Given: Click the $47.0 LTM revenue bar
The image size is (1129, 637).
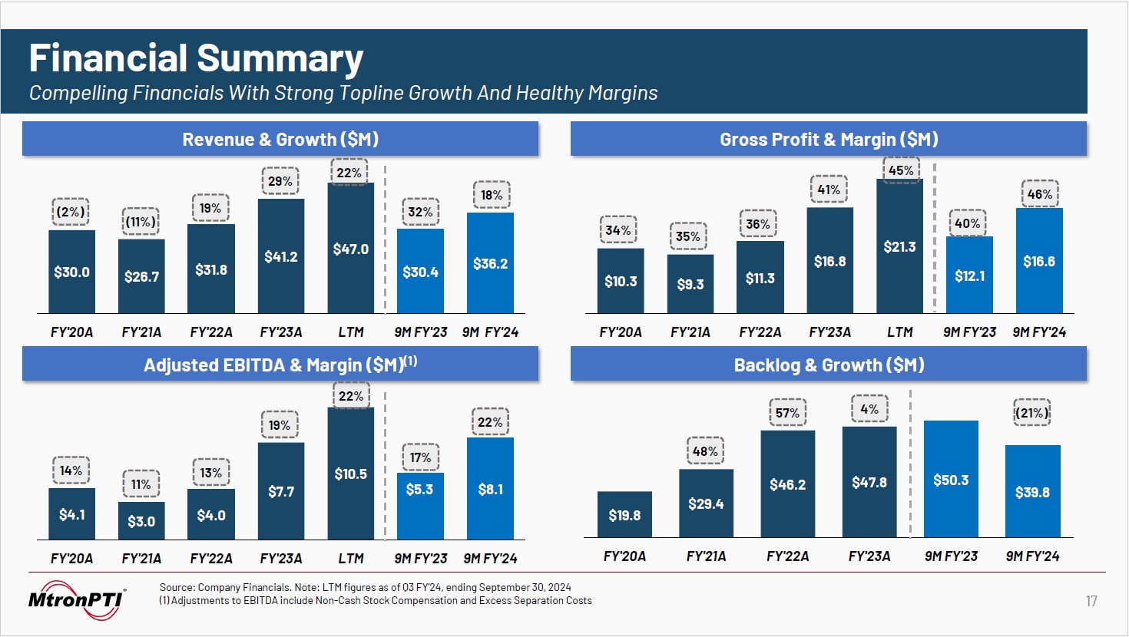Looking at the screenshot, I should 350,248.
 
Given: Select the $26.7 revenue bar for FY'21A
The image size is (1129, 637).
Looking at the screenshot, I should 141,276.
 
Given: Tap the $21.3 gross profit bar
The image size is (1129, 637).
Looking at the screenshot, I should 899,246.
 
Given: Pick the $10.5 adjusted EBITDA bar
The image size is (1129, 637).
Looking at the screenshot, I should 350,473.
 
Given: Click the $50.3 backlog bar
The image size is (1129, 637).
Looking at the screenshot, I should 951,479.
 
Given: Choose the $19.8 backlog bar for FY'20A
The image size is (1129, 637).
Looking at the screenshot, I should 624,514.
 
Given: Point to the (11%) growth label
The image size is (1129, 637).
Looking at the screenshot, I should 141,222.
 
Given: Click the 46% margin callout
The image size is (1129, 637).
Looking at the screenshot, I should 1040,194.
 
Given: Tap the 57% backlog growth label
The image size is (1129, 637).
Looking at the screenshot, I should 787,413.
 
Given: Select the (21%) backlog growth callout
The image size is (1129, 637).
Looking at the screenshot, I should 1031,413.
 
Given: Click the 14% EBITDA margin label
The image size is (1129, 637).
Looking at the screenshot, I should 71,470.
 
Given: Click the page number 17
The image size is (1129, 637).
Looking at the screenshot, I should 1091,601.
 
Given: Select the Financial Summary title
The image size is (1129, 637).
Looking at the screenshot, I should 196,58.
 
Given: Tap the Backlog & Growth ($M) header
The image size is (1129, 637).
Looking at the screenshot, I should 829,365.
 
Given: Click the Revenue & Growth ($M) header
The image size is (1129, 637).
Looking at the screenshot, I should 280,140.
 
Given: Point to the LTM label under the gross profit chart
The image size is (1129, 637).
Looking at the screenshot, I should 900,332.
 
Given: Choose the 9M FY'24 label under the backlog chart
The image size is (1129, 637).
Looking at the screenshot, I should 1032,556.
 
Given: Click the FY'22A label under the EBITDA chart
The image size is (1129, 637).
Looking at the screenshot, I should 211,559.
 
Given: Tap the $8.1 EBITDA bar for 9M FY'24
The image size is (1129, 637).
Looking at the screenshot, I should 490,488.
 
